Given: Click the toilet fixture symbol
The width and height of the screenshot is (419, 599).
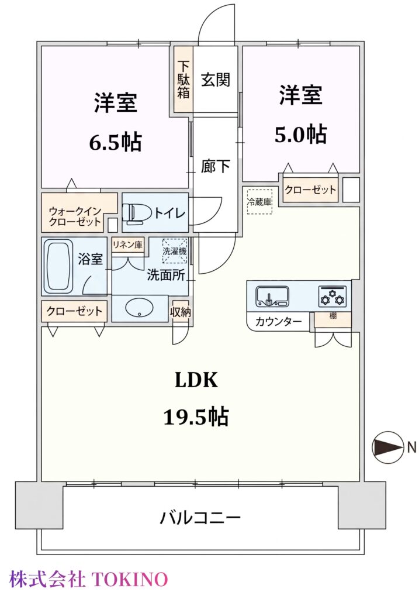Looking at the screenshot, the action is [x=131, y=212].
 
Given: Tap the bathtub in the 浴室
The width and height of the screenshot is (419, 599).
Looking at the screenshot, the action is [x=58, y=266].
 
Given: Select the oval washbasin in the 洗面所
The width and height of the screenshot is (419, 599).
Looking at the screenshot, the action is [x=139, y=308].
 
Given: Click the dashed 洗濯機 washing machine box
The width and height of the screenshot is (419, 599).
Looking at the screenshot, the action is [x=175, y=251].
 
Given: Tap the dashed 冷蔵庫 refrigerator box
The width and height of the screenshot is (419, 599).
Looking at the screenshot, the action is [x=259, y=202].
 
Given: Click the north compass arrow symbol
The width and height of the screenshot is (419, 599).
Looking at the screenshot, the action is [x=388, y=447].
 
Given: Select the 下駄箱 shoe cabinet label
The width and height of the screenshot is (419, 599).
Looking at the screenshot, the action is [x=183, y=80].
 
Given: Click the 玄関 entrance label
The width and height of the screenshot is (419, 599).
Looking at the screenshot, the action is [x=216, y=80].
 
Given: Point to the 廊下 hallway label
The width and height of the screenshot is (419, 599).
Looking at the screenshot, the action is [x=216, y=167].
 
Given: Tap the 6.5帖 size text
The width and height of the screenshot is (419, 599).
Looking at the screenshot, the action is [x=115, y=142].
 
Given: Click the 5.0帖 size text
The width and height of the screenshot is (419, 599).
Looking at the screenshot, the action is [x=301, y=134].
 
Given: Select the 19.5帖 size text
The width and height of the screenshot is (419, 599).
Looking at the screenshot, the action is [x=196, y=416].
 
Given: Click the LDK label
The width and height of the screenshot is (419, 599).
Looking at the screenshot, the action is [x=196, y=380].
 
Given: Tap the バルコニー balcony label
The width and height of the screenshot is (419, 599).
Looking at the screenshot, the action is [x=200, y=518].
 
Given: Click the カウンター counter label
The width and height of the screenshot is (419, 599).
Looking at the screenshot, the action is [x=278, y=322].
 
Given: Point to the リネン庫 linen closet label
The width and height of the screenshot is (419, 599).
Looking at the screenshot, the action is [x=127, y=245].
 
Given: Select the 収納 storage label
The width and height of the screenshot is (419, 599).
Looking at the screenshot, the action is [x=180, y=312].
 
